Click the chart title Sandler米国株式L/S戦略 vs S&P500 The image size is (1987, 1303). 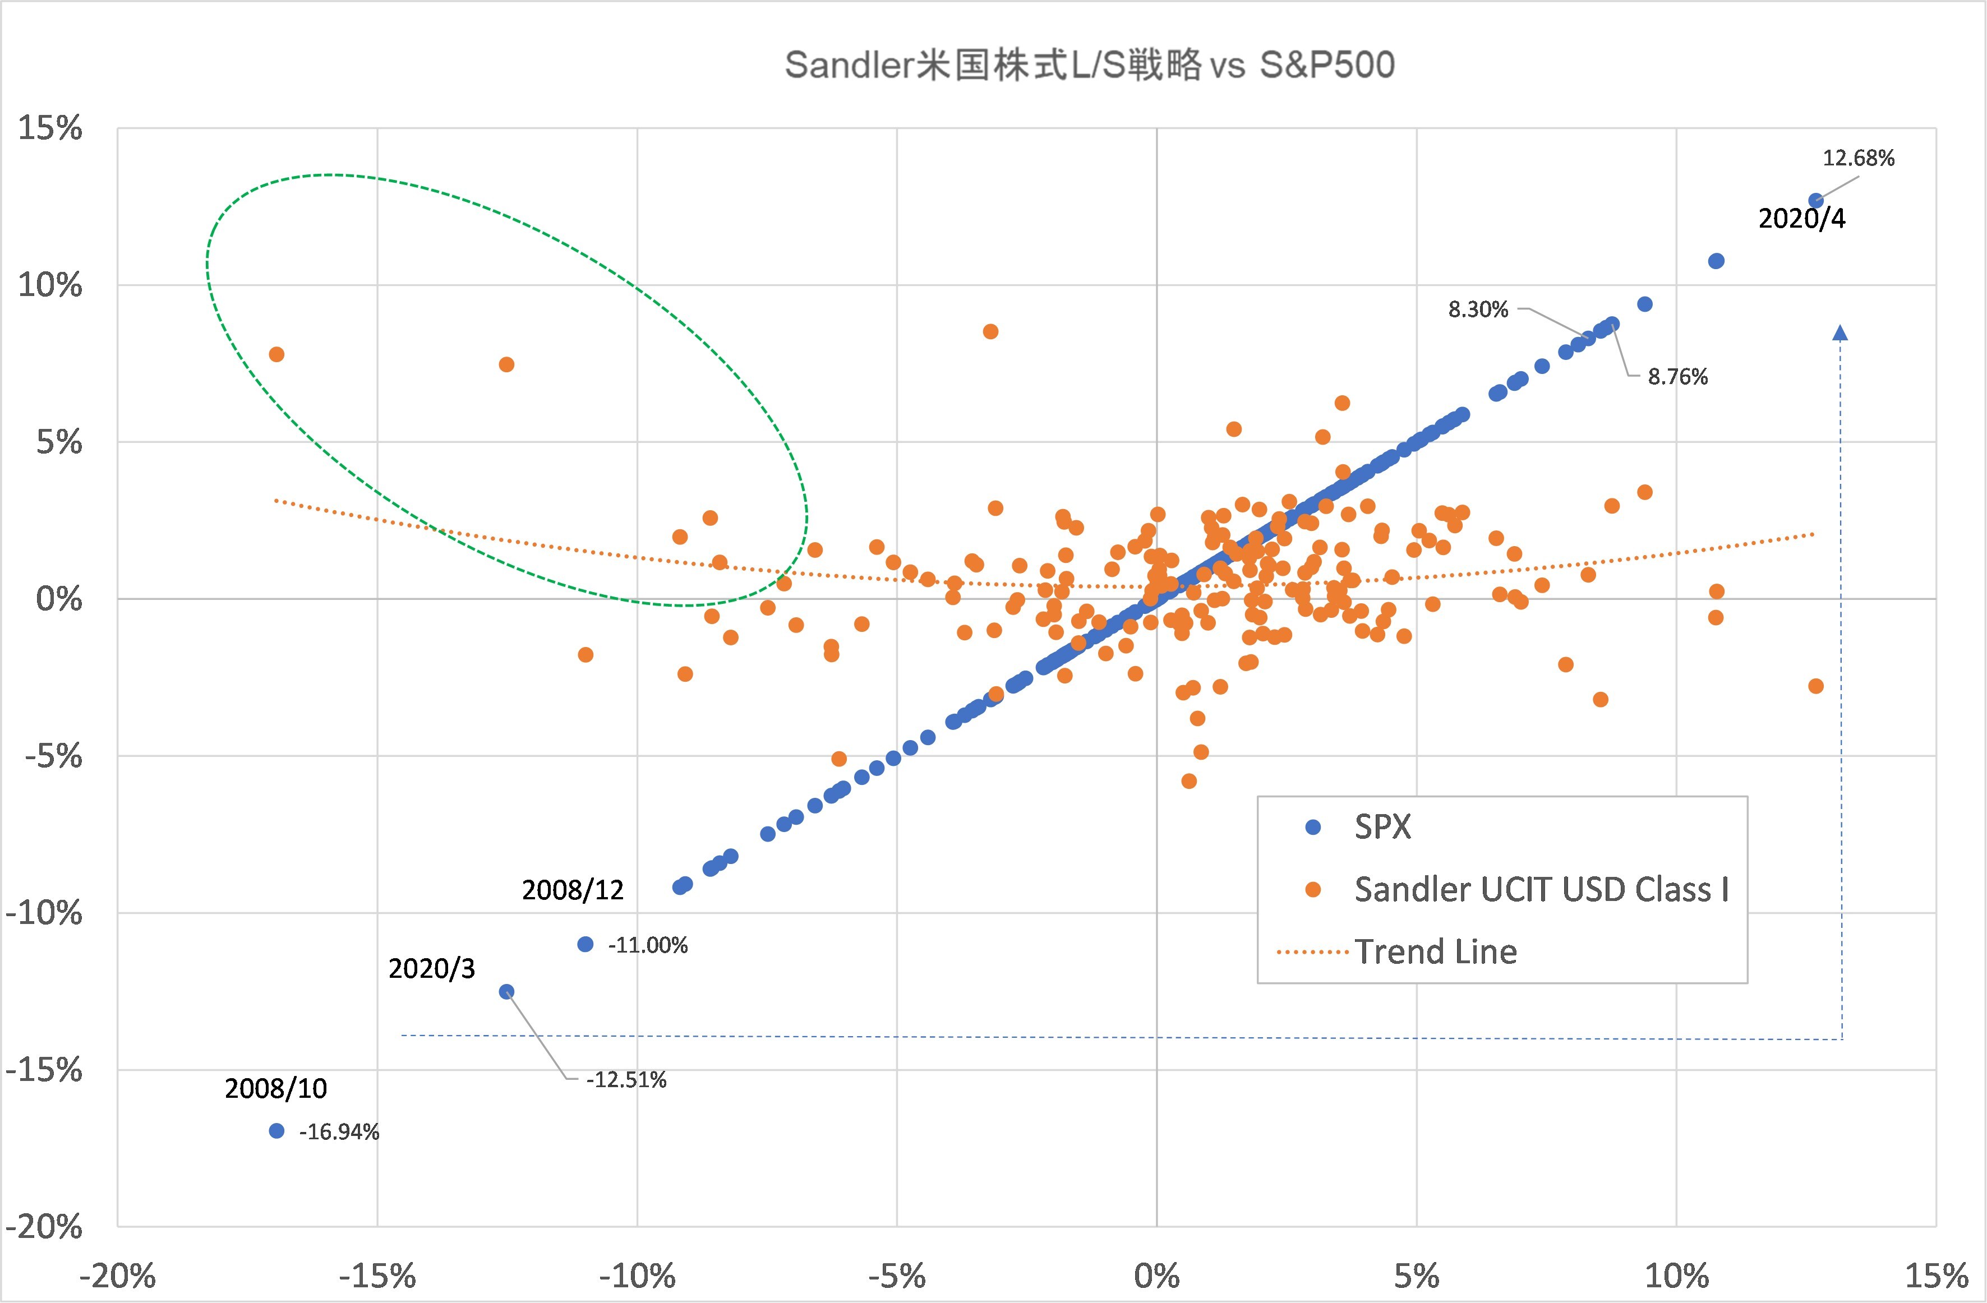1090,65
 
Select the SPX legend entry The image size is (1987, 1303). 1382,827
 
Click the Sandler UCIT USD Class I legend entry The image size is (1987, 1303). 1541,890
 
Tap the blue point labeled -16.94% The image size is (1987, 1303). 277,1131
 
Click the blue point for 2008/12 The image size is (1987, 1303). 586,944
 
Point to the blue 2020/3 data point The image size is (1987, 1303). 506,992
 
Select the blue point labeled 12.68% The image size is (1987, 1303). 1815,200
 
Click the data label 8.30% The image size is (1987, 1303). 1478,309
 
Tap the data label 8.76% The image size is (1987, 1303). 1677,377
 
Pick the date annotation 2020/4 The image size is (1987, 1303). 1802,219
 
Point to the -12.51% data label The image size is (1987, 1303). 625,1080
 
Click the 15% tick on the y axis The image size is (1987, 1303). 50,128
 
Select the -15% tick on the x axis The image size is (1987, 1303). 377,1276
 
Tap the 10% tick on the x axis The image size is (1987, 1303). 1676,1276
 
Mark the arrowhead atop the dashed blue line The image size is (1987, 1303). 1840,333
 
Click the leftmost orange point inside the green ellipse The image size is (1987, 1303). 276,355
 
